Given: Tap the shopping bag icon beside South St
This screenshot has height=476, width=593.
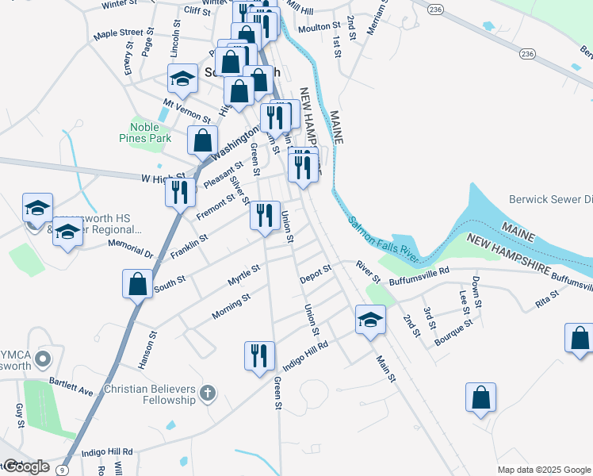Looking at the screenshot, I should point(137,283).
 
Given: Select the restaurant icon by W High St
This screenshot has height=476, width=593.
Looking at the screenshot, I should point(180,191).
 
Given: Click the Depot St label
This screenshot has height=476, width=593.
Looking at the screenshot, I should point(316,278).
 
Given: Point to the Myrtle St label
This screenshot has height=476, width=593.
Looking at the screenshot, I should point(243,275).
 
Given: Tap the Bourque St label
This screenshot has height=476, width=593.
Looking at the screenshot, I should point(453,333).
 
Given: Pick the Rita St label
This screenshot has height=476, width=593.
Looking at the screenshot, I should point(546,299).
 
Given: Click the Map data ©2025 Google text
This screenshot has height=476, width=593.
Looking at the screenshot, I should point(543,469).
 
